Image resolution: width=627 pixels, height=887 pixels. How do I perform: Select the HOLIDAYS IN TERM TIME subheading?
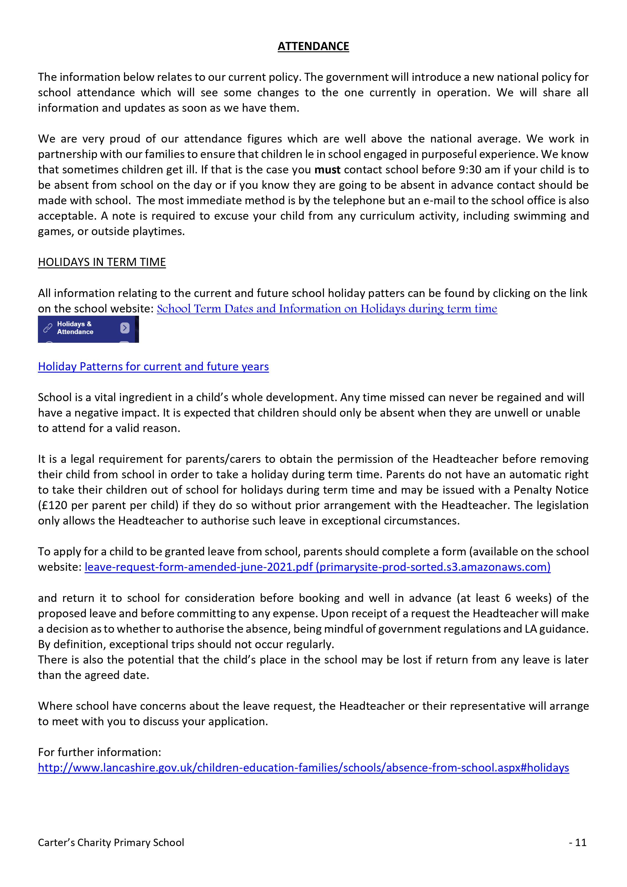coord(102,262)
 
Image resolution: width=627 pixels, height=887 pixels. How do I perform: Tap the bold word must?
coord(328,170)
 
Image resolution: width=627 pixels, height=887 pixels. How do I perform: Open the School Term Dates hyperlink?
coord(327,309)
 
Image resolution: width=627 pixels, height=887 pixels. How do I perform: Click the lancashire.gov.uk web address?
coord(303,768)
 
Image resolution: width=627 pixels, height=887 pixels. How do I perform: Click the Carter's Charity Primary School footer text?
coord(111,843)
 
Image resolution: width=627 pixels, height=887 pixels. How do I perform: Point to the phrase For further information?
coord(99,752)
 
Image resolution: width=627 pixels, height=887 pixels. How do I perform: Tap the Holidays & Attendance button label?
coord(75,328)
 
